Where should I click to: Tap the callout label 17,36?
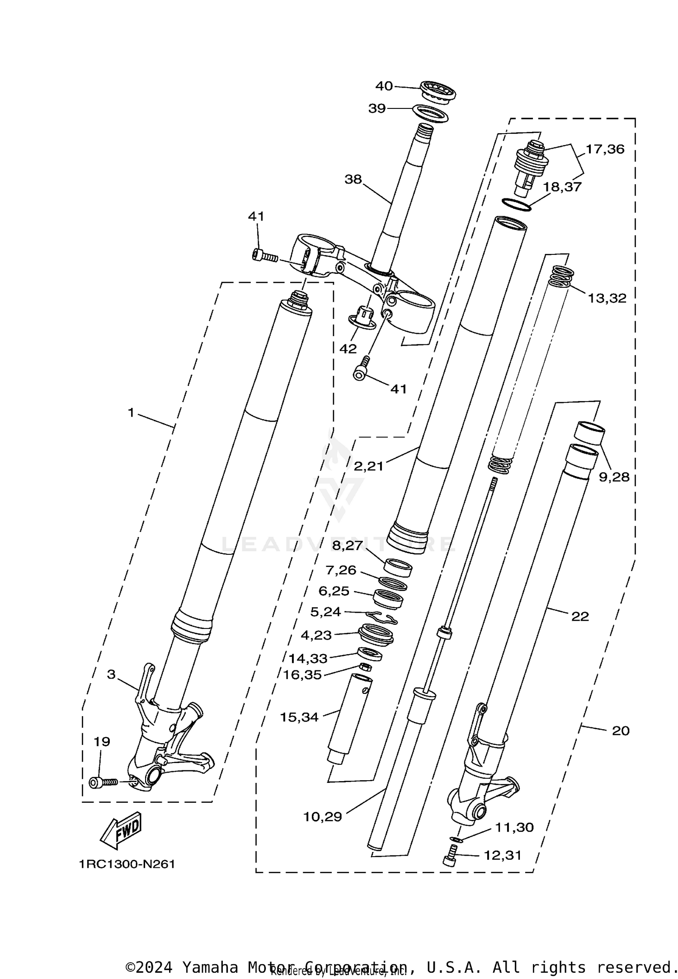pos(605,149)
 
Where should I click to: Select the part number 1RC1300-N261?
pos(127,864)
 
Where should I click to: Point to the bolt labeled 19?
pos(103,782)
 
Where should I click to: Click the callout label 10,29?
pos(322,817)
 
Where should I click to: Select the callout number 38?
pos(353,179)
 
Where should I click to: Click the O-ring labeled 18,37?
pos(516,204)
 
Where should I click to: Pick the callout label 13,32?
pos(607,298)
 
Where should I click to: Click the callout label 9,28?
pos(614,477)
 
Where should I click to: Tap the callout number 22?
pos(580,616)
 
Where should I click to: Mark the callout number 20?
pos(620,731)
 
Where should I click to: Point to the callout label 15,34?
pos(299,717)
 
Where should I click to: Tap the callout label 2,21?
pos(368,466)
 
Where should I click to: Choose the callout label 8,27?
pos(348,545)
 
